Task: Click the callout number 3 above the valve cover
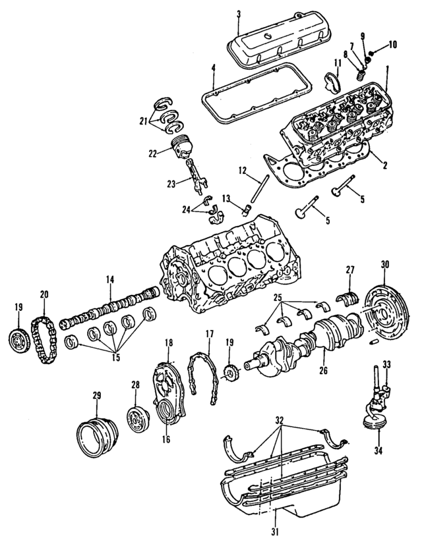pos(239,13)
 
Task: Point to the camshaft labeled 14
pos(109,310)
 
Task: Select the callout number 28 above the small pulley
pos(135,385)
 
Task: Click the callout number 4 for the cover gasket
pos(213,68)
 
